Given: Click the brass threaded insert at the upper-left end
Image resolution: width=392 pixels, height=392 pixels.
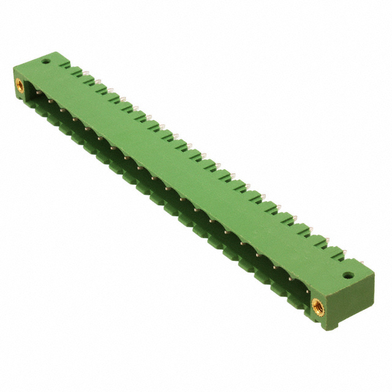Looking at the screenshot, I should coord(19,86).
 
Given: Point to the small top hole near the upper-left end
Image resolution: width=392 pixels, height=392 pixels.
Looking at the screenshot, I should coord(45,61).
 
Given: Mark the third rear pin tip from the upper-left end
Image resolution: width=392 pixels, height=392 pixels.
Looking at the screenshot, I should coord(111,89).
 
